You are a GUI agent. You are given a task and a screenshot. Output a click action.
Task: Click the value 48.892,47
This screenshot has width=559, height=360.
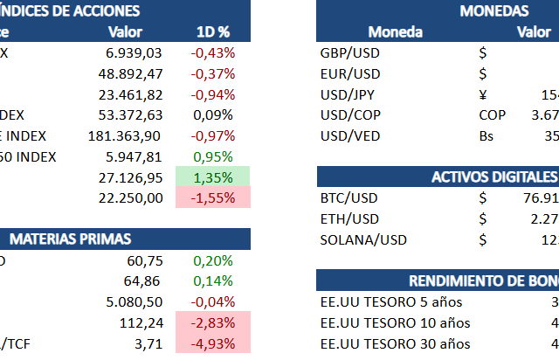[x=131, y=73]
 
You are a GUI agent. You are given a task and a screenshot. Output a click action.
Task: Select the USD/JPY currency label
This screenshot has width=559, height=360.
[x=349, y=94]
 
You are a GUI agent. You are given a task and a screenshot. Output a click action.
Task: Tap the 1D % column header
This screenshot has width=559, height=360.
[x=213, y=32]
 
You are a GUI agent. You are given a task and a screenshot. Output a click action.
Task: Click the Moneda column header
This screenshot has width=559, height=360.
[x=395, y=32]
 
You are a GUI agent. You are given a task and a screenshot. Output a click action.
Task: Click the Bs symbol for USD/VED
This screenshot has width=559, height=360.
[x=486, y=135]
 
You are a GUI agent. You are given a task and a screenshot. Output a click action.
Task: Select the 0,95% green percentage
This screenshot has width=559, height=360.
[x=213, y=156]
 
